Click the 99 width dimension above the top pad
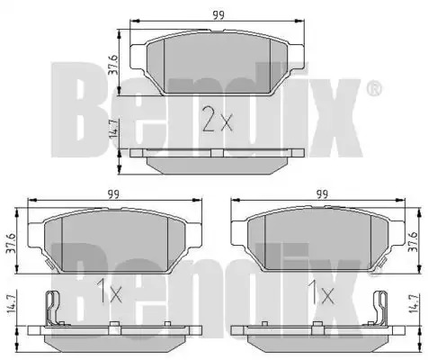[218, 15]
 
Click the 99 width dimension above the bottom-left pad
[113, 194]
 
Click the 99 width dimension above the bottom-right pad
[322, 194]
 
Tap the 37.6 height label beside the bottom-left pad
[11, 243]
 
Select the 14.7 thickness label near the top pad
[114, 128]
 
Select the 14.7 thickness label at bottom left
[11, 304]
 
